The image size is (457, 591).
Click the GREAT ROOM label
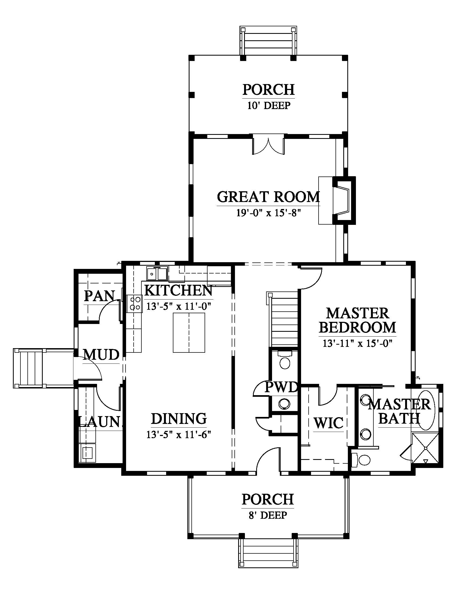[x=268, y=197]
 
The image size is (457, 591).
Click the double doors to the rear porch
[x=268, y=146]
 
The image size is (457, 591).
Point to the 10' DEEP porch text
[x=269, y=105]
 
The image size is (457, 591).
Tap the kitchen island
[x=189, y=333]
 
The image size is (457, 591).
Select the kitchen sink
[x=157, y=274]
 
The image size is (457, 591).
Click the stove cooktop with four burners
[x=134, y=304]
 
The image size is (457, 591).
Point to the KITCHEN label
[x=178, y=290]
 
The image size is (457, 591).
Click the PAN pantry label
[x=99, y=296]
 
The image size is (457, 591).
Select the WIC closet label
[x=329, y=423]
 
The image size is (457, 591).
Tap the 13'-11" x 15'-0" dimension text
[x=357, y=343]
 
